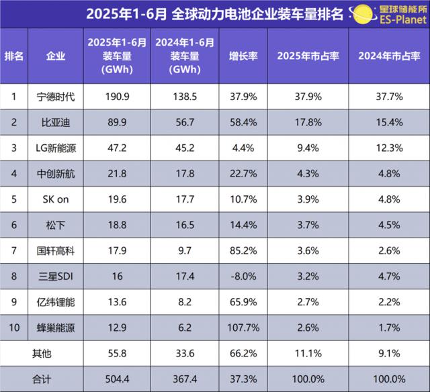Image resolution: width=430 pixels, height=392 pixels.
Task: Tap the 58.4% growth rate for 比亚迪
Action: click(x=245, y=122)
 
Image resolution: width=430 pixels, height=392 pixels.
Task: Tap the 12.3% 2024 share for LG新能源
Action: click(x=390, y=148)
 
